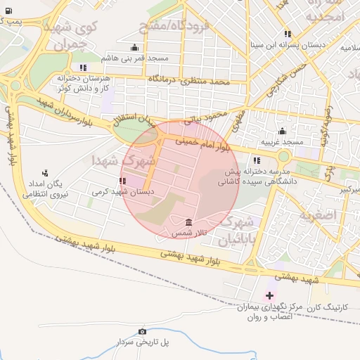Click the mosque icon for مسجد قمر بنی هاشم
tap(135, 48)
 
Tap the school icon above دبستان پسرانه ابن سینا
tap(288, 34)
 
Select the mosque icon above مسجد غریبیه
tap(282, 131)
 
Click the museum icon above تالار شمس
tap(187, 222)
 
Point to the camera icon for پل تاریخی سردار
tap(143, 331)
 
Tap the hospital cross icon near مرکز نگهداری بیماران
tap(269, 295)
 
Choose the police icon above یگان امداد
tap(46, 173)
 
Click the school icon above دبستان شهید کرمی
tap(124, 181)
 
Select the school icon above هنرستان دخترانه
tap(84, 68)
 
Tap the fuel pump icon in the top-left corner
tap(8, 11)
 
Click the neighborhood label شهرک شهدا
tap(116, 160)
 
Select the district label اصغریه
tap(320, 214)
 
